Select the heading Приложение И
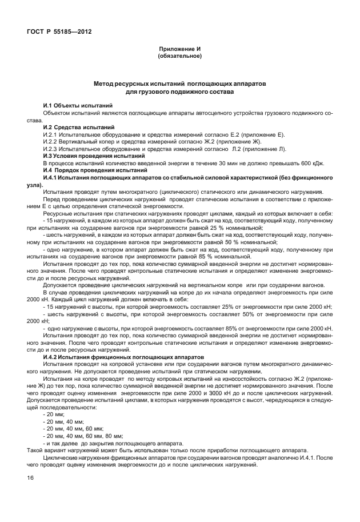point(179,50)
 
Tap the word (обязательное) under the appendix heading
point(179,57)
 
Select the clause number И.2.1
point(51,134)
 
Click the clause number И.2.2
point(51,141)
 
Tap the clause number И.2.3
point(51,149)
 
